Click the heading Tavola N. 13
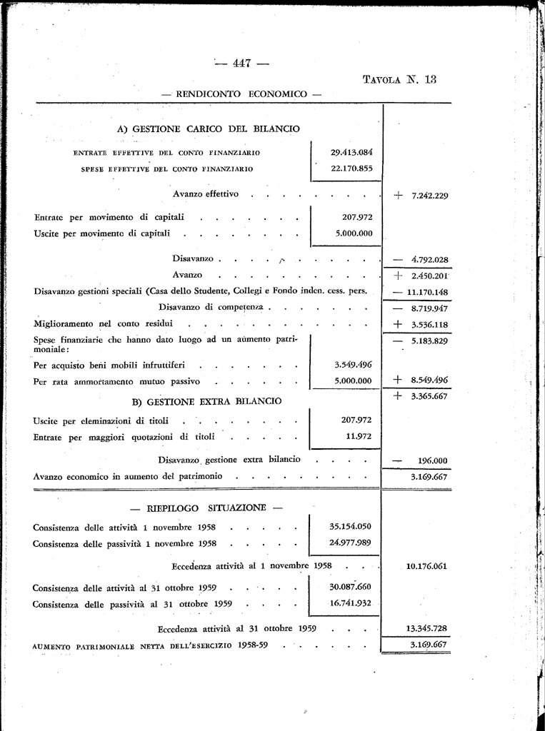point(399,80)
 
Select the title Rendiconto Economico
point(243,94)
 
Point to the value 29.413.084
point(351,152)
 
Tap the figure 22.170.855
point(351,168)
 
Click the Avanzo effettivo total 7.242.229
point(429,196)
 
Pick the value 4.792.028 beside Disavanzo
point(429,260)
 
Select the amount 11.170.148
point(428,292)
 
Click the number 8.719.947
point(429,308)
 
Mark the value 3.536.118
point(429,325)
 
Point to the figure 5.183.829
point(429,341)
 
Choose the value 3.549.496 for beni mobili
point(353,364)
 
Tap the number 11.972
point(359,436)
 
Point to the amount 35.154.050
point(350,527)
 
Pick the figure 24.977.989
point(350,543)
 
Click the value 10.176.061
point(426,566)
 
